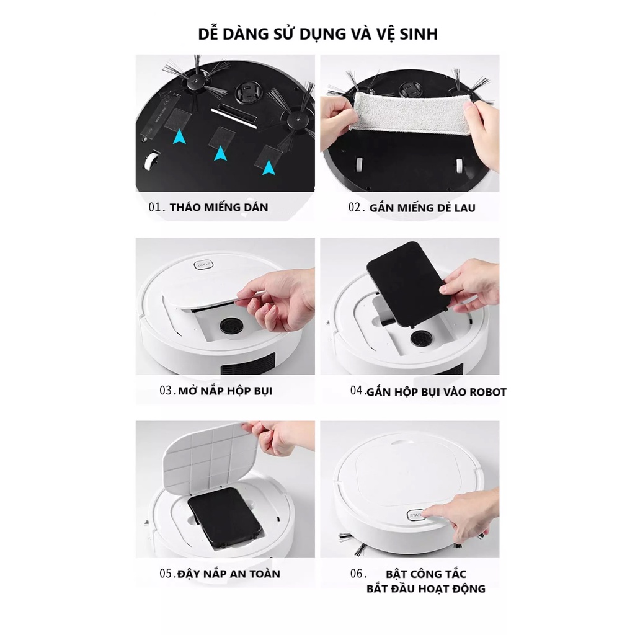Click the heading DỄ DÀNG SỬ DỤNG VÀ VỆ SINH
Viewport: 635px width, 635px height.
(317, 33)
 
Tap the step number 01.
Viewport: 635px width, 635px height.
(157, 207)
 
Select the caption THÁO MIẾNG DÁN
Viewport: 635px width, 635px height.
(219, 207)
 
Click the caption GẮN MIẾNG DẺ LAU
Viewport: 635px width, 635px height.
(422, 208)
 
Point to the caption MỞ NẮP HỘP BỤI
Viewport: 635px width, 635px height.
(225, 391)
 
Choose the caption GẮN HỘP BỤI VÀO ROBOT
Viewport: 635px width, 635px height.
(436, 392)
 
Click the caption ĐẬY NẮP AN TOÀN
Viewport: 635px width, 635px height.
(229, 574)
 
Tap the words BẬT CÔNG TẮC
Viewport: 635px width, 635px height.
(425, 574)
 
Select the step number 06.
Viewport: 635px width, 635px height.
(358, 574)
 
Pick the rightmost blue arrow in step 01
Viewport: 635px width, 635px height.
(269, 167)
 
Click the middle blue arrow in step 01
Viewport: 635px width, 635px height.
(220, 153)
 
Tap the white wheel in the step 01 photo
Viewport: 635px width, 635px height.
(151, 160)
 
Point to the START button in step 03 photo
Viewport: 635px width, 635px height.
(203, 265)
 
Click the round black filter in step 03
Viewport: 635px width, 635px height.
(232, 325)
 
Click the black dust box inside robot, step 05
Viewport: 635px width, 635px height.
(225, 517)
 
